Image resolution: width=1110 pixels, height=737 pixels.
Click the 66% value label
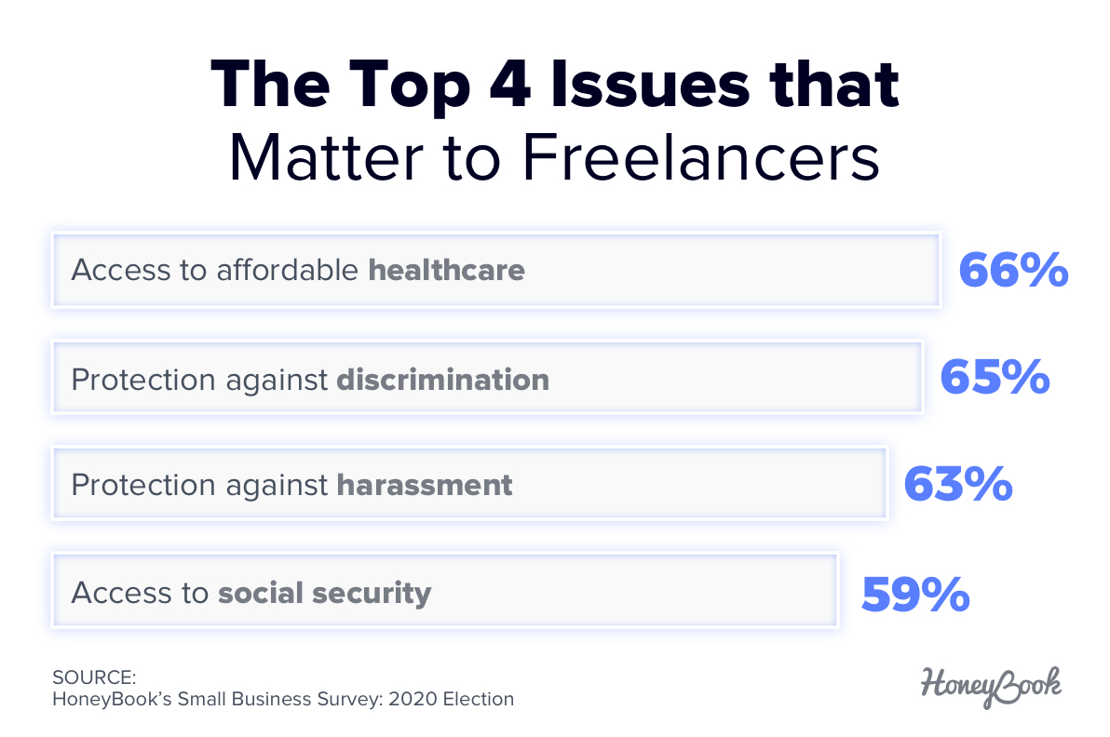(x=1013, y=270)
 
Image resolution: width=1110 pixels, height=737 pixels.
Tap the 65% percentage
(x=995, y=378)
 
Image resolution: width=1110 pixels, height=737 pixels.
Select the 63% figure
(x=958, y=485)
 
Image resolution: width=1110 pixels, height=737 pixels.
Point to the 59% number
(x=915, y=594)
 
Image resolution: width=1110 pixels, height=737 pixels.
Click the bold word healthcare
(x=447, y=271)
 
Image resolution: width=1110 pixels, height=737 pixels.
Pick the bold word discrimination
(x=442, y=379)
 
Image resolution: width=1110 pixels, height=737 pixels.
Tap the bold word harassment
(x=425, y=486)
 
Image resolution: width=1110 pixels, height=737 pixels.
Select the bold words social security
(x=325, y=594)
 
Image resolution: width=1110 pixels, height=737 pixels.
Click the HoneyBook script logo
(x=992, y=684)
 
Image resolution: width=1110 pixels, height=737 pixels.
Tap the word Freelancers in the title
(x=700, y=159)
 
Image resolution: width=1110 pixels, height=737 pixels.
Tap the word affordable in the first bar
(x=288, y=271)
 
